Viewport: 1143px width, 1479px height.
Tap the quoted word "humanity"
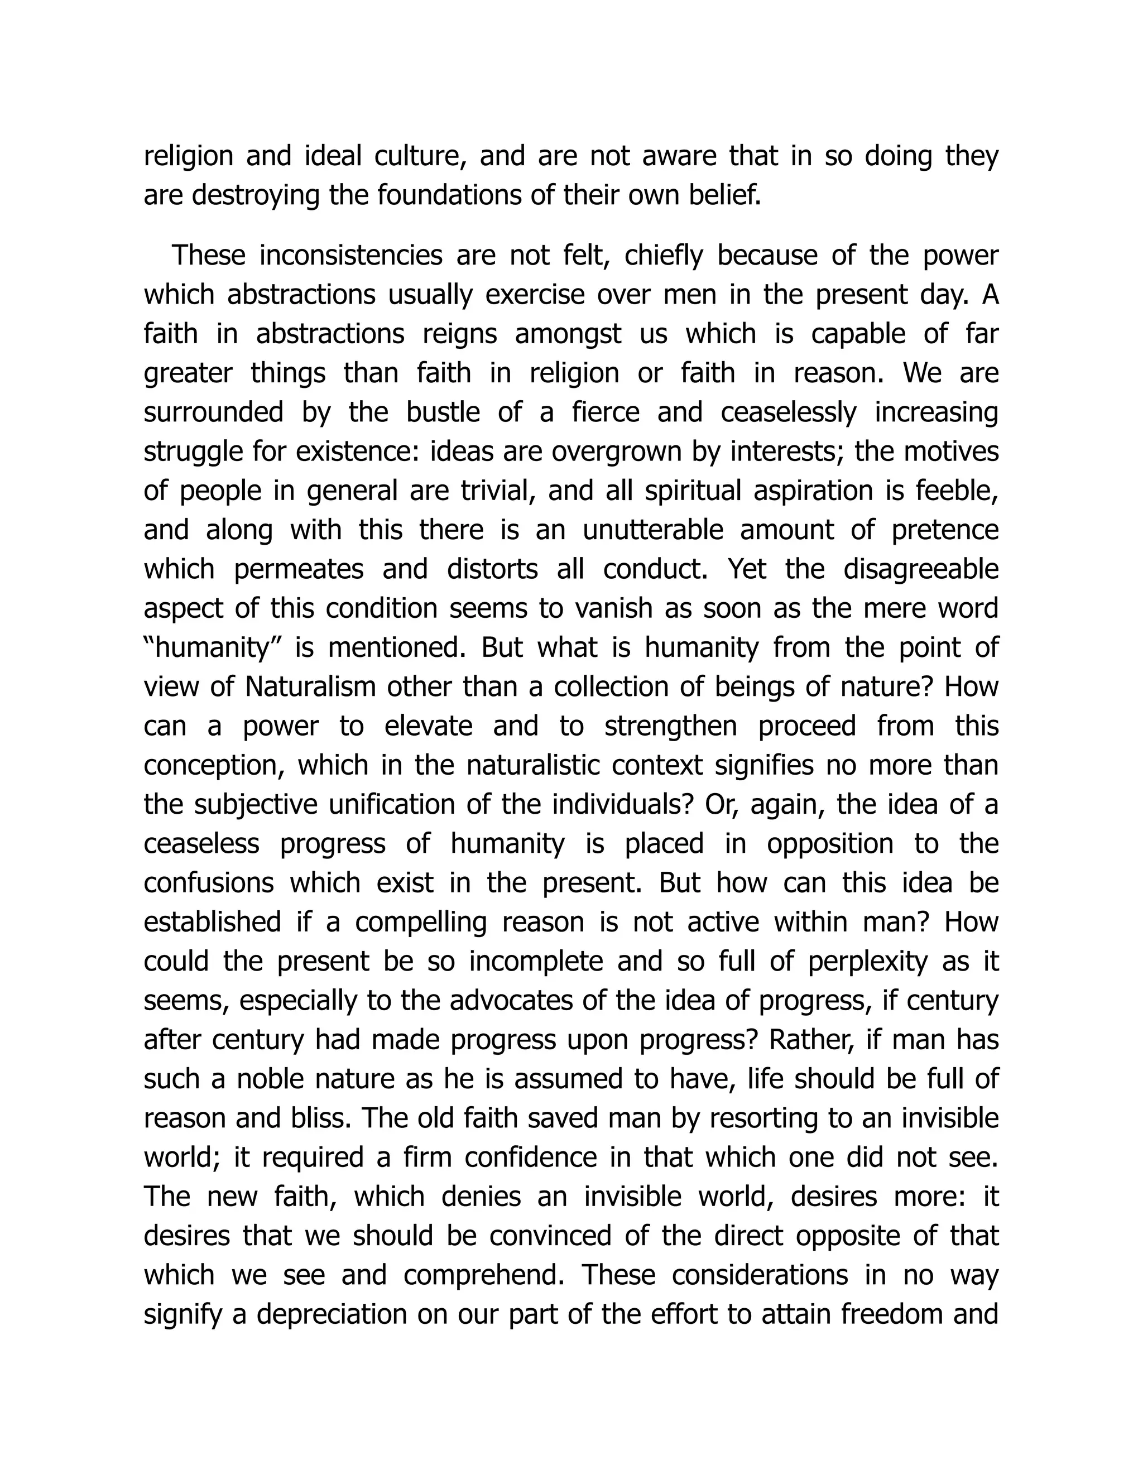point(213,648)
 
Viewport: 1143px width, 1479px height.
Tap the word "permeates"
point(299,569)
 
